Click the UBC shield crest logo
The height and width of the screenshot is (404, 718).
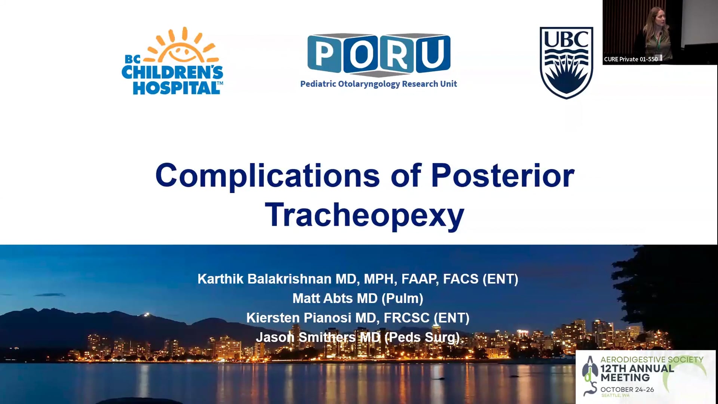[x=566, y=62]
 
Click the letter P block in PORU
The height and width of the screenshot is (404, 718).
[x=324, y=53]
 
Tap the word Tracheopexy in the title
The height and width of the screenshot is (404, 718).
[x=365, y=215]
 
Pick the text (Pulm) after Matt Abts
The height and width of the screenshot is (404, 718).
[x=402, y=299]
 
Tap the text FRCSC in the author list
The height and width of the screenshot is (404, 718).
[x=406, y=318]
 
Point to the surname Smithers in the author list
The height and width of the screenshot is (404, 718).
[x=327, y=337]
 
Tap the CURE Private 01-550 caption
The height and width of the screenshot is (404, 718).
[x=631, y=59]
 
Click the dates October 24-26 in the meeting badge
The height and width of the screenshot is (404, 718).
[x=627, y=389]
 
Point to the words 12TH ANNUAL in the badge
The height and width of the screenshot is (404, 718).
[x=637, y=368]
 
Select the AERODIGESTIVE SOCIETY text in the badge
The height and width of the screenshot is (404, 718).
[x=652, y=359]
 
